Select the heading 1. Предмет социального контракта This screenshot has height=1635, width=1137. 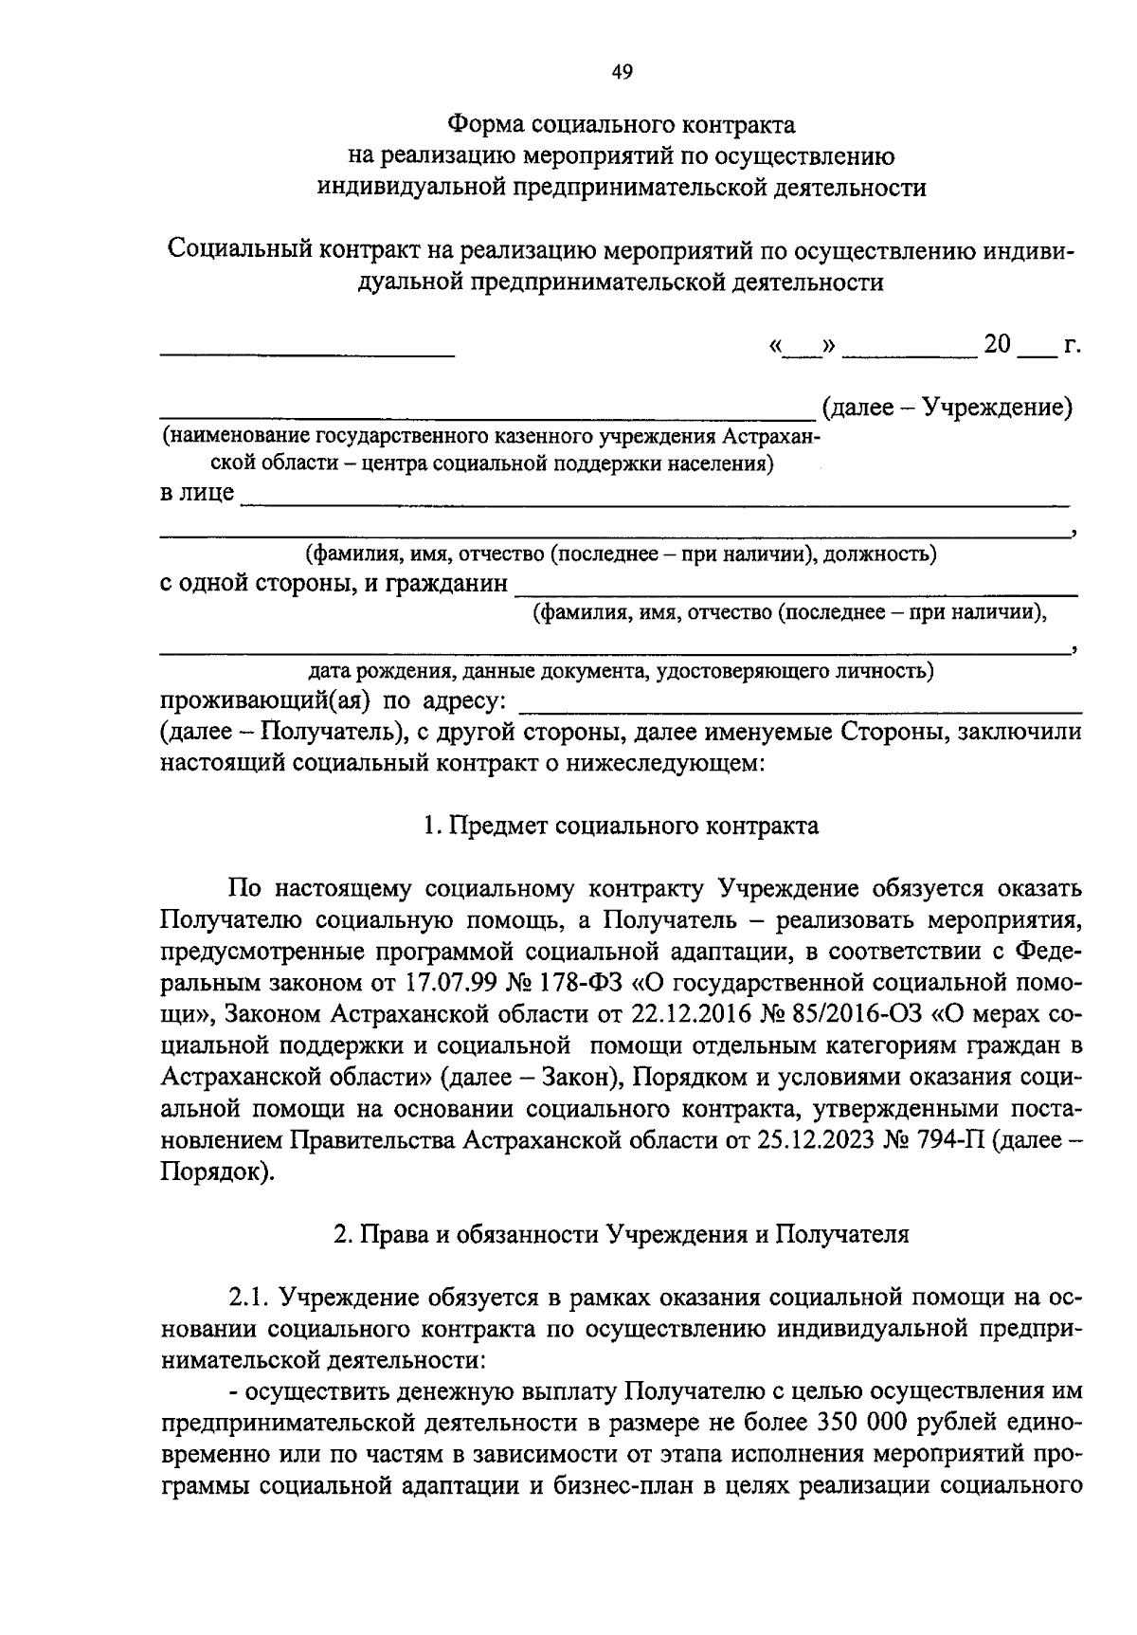click(x=621, y=826)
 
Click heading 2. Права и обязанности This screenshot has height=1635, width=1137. click(x=621, y=1235)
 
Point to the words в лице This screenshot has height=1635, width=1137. click(x=196, y=494)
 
